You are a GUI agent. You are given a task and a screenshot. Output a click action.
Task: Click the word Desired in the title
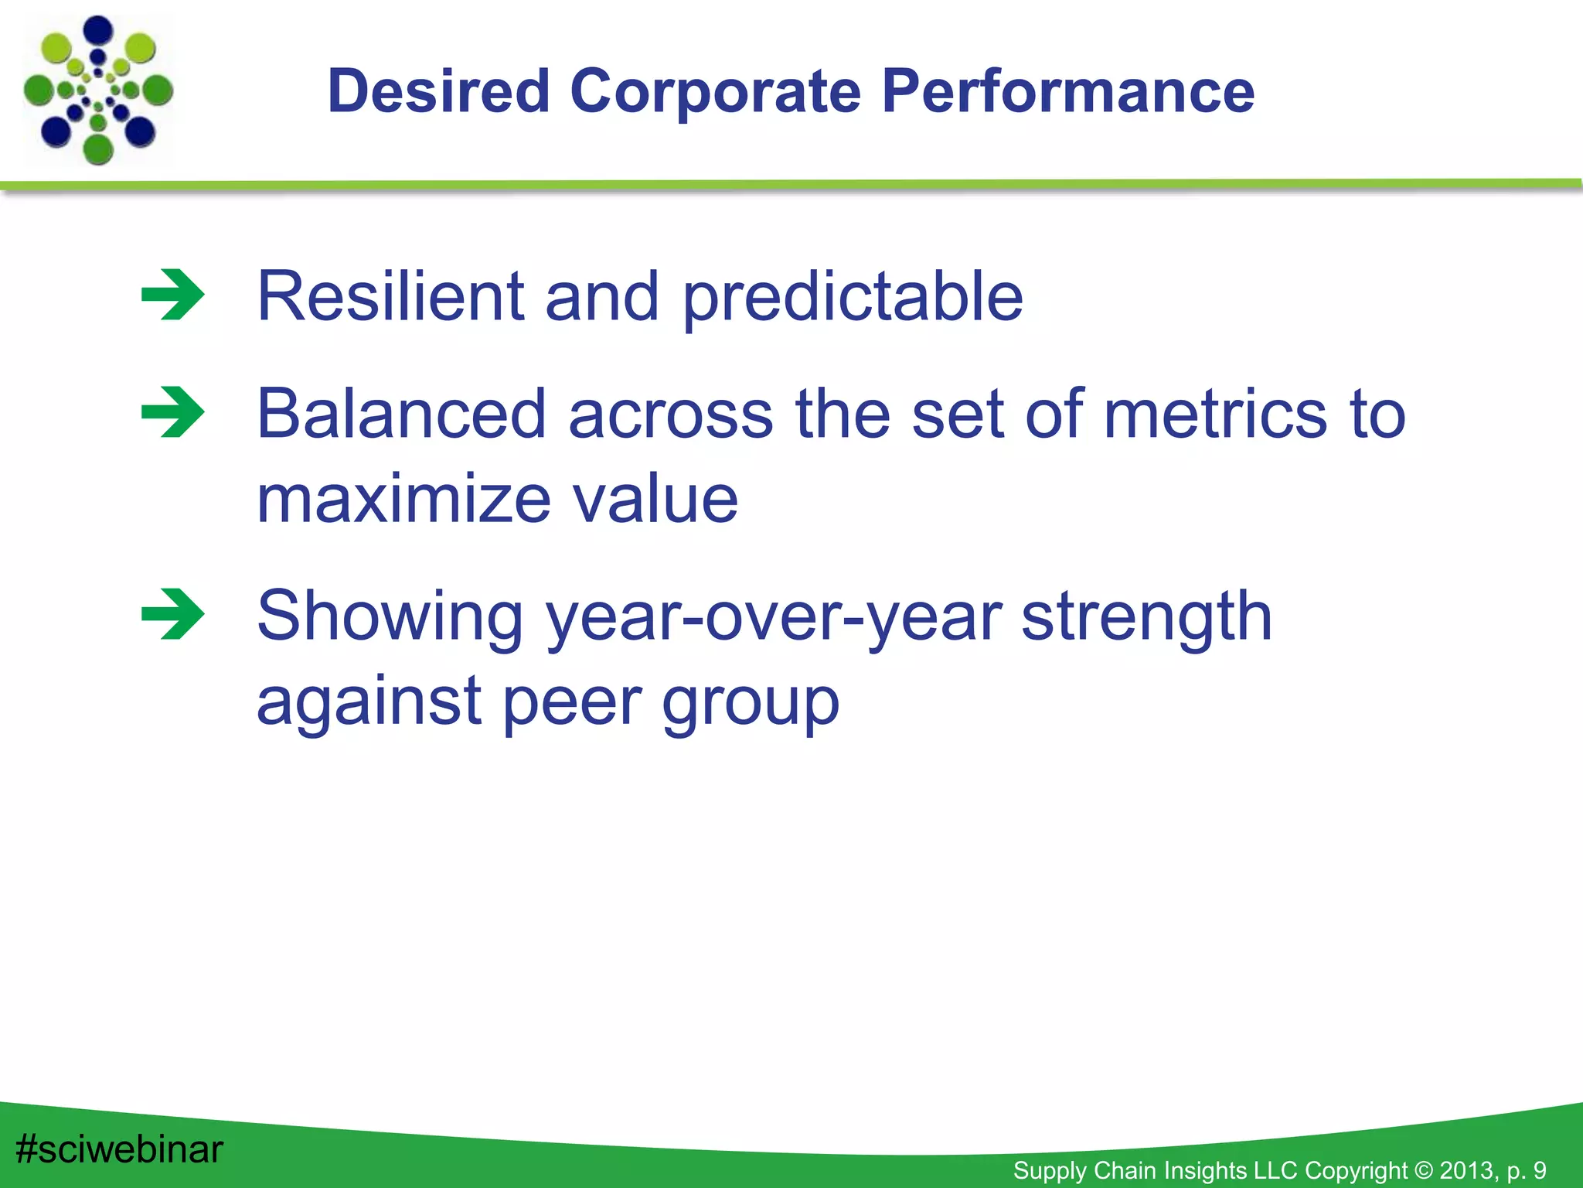(438, 91)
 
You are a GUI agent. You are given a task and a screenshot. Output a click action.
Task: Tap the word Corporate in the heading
(715, 91)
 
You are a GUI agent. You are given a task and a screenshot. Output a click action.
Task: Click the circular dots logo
(98, 90)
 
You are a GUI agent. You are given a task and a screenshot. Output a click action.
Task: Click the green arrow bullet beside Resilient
(173, 295)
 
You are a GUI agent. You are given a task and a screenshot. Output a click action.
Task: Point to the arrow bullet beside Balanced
(173, 412)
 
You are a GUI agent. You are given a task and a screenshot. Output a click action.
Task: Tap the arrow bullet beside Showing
(173, 614)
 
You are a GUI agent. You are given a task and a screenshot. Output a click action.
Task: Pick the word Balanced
(401, 415)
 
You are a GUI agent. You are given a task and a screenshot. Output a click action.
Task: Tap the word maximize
(403, 500)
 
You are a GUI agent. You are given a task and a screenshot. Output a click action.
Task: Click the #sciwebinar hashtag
(119, 1149)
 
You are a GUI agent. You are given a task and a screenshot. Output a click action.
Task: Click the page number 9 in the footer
(1540, 1170)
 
